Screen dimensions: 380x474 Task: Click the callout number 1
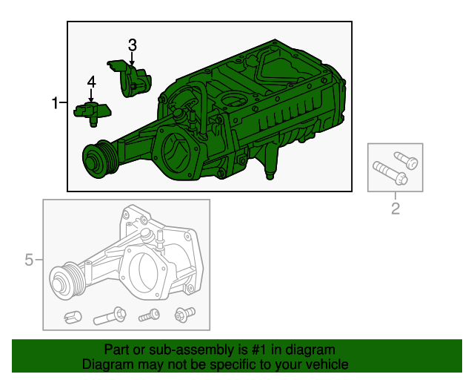(56, 103)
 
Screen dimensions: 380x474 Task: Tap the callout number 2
(395, 209)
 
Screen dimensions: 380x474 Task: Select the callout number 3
(133, 45)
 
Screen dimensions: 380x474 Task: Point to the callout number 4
(91, 82)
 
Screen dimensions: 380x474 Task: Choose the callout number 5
(29, 260)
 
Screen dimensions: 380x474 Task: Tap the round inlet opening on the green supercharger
(178, 148)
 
